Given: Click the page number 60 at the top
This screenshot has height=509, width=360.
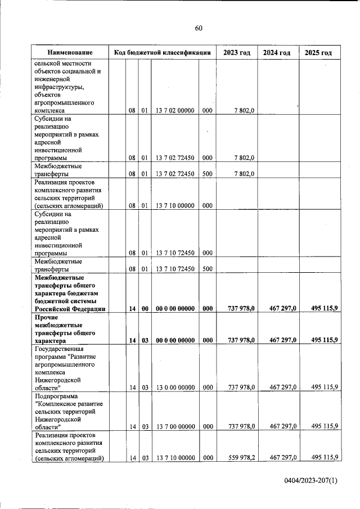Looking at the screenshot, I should point(198,28).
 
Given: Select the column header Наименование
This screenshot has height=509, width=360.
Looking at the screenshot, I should point(70,52).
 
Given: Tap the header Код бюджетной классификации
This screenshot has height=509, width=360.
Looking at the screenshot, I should point(162,52).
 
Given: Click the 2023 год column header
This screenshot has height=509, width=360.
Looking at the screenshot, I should point(236,52).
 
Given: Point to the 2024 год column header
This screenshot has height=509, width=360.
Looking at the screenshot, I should point(277,52).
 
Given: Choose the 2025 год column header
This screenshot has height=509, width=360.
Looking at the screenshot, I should point(318,52).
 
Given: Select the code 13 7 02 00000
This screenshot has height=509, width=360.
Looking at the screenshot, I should point(175,111).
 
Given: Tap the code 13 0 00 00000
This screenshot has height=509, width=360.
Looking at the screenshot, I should point(175,387).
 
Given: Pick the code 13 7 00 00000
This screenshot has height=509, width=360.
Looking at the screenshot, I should point(175,426).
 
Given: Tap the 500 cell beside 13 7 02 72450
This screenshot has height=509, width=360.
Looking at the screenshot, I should point(206,174).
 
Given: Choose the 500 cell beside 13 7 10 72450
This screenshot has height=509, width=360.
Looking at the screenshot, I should point(206,269).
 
